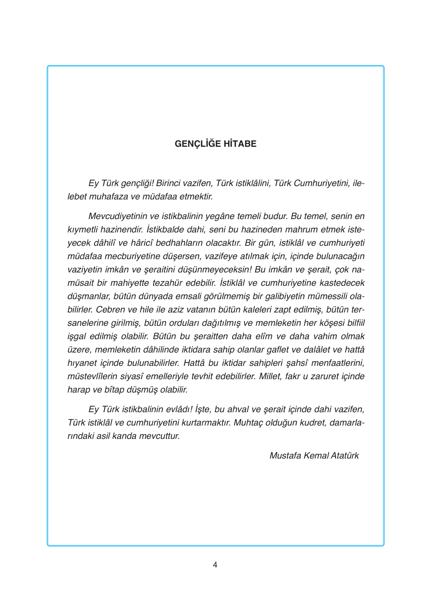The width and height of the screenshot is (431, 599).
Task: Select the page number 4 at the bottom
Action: point(215,565)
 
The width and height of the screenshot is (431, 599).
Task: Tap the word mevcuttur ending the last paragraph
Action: point(159,436)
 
